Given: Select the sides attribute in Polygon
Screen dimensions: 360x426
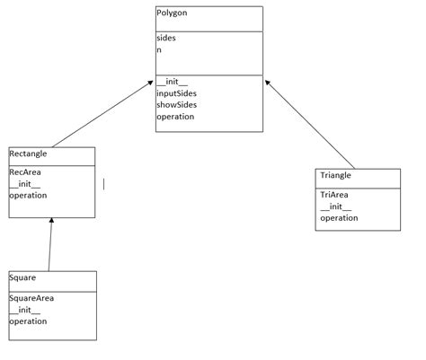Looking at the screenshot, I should pyautogui.click(x=166, y=40).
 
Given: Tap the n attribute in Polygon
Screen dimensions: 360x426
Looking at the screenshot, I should pyautogui.click(x=159, y=51).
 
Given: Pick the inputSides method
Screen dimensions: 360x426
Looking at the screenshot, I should pyautogui.click(x=176, y=93).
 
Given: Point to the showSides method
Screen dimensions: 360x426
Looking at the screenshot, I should pyautogui.click(x=176, y=105).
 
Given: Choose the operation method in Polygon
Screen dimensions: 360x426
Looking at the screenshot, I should pyautogui.click(x=176, y=117).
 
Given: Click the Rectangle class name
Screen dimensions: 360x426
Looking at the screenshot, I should pyautogui.click(x=28, y=154).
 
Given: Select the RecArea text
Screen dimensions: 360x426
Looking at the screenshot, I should pyautogui.click(x=25, y=171).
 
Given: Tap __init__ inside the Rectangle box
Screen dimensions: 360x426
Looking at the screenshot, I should pyautogui.click(x=24, y=183).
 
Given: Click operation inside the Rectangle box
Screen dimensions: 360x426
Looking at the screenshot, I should pyautogui.click(x=29, y=195).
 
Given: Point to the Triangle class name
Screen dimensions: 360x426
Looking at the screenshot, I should pyautogui.click(x=335, y=176).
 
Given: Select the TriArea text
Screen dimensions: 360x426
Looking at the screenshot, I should pyautogui.click(x=333, y=194).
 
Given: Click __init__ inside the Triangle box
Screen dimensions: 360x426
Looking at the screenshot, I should pyautogui.click(x=334, y=206).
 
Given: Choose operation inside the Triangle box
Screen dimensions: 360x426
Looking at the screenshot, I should pyautogui.click(x=339, y=217).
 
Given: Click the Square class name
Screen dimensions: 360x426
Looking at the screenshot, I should pyautogui.click(x=22, y=279).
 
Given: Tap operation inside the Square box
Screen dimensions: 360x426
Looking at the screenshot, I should pyautogui.click(x=29, y=320).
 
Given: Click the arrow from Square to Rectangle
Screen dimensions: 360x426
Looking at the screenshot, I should pyautogui.click(x=50, y=244).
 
